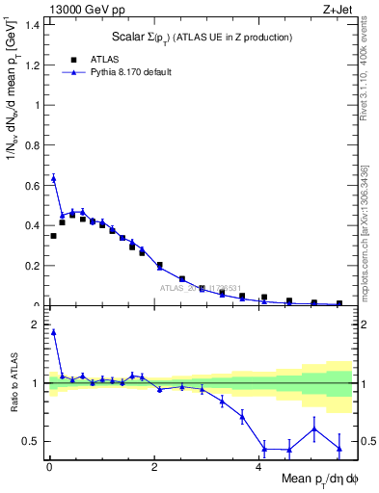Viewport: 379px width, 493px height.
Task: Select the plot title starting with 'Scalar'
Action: pos(200,37)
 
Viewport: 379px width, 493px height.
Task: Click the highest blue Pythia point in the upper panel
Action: pos(53,177)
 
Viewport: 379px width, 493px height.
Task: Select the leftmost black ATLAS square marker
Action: pos(53,235)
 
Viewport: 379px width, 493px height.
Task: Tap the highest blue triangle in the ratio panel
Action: pos(53,331)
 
